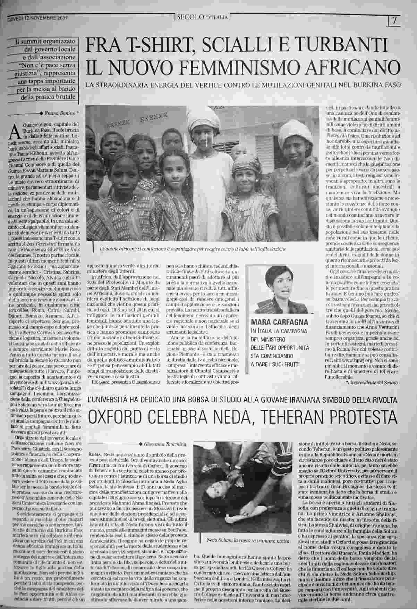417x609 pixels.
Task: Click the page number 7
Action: click(394, 20)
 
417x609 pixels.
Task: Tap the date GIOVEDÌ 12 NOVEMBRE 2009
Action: click(37, 19)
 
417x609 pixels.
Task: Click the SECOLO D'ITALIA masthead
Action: click(202, 18)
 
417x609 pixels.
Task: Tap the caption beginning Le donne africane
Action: click(192, 249)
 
